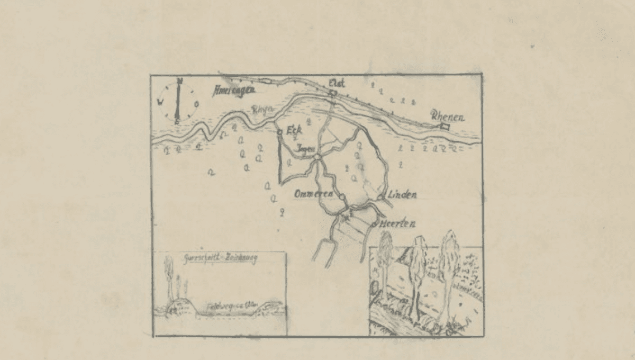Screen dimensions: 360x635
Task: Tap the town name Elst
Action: point(337,83)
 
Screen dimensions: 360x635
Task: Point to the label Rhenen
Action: point(447,116)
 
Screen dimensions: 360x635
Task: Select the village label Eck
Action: point(293,131)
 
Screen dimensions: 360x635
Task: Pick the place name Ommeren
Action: point(313,194)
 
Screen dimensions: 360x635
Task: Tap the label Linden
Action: point(402,194)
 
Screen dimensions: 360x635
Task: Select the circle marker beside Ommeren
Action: point(342,197)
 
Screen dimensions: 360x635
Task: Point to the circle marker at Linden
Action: point(380,197)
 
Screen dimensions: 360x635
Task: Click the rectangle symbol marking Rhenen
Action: point(444,126)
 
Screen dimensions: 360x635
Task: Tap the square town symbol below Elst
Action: point(332,93)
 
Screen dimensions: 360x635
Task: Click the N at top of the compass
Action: point(180,81)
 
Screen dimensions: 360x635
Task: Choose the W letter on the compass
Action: point(160,103)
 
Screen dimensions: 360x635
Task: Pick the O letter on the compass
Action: point(196,104)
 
